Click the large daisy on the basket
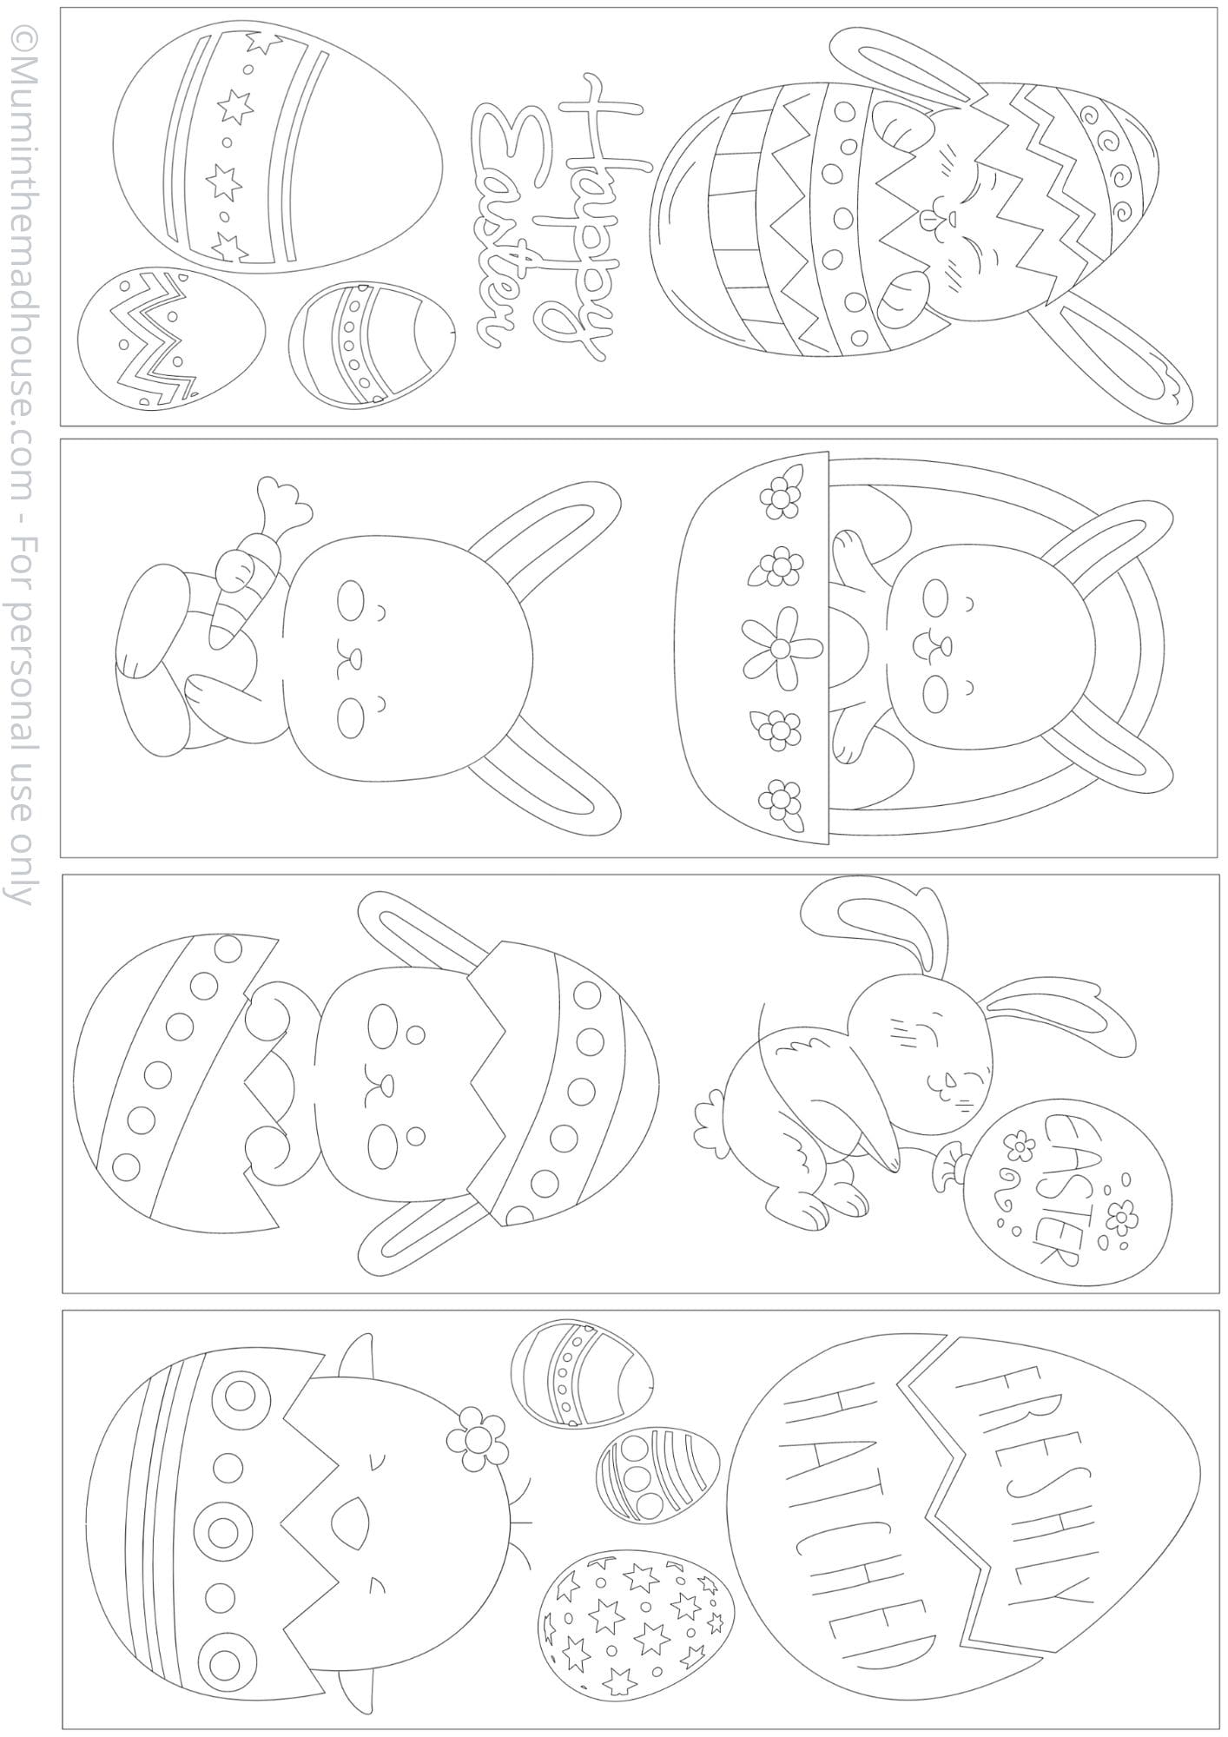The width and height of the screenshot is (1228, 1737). click(781, 648)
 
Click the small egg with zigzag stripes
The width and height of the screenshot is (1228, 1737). click(171, 340)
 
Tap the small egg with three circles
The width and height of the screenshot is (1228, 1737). click(657, 1476)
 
